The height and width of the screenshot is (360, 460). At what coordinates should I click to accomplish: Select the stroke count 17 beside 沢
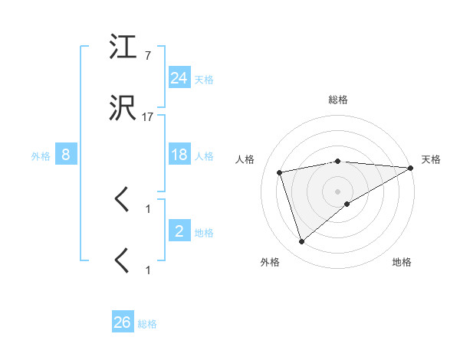148,118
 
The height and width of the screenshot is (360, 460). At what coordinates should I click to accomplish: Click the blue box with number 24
179,78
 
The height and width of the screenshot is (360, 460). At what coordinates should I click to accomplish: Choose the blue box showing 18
179,155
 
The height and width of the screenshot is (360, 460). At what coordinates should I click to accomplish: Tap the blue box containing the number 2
179,231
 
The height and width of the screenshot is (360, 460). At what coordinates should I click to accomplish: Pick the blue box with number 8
66,155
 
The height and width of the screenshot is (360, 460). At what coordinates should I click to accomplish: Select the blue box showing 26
123,322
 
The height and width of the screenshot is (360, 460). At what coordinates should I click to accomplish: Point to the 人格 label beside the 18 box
204,156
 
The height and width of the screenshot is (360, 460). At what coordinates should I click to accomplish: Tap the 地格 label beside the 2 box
204,233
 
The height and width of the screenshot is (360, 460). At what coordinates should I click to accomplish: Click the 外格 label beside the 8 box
41,156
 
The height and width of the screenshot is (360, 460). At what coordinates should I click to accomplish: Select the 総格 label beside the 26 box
147,324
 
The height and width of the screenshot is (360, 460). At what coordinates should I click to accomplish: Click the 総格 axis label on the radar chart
338,100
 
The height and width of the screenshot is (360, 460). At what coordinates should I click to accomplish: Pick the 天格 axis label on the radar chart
432,159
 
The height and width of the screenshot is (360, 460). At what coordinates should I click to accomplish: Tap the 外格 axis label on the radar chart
270,262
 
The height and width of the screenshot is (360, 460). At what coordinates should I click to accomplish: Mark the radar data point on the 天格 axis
411,168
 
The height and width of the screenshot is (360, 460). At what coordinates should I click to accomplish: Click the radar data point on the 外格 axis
301,241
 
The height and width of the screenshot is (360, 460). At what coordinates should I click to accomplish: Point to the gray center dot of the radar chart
338,191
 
